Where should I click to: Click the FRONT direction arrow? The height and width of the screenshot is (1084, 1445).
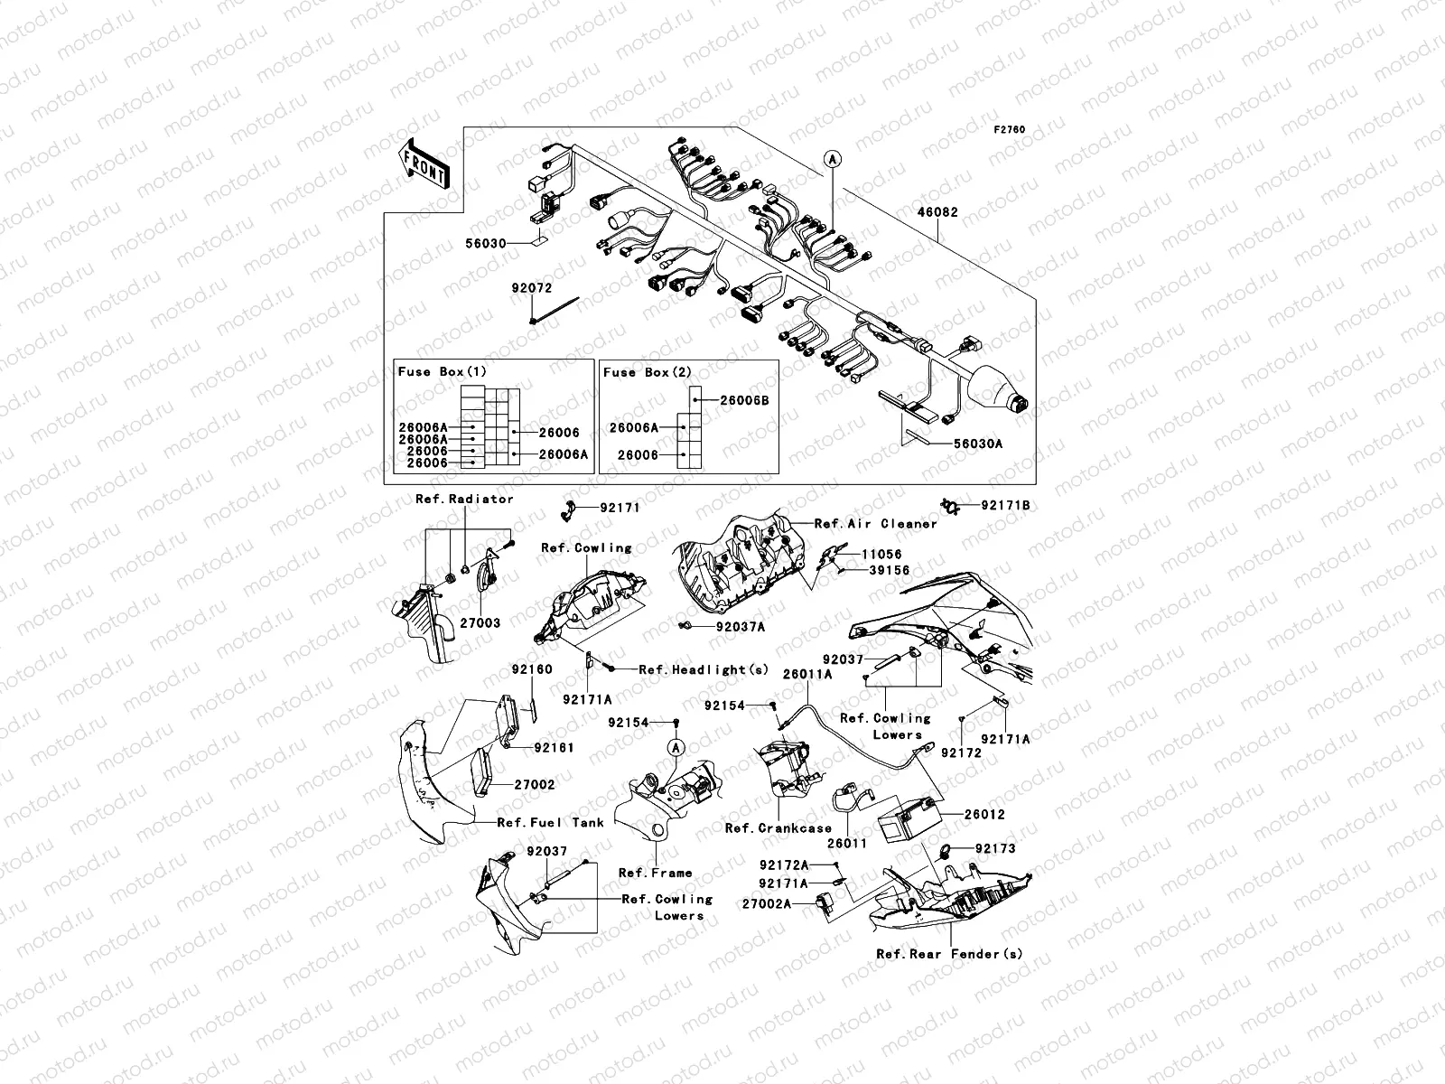click(424, 164)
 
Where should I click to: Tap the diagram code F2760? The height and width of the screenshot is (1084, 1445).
click(1011, 130)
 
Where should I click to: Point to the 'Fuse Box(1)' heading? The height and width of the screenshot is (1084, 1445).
click(442, 371)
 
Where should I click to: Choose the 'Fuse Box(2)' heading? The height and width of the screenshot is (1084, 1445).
click(647, 372)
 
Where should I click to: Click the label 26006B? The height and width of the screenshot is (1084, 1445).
click(744, 400)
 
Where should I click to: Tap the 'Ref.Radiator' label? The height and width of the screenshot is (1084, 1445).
click(464, 499)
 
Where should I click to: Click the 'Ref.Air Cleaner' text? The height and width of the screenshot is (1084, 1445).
click(875, 523)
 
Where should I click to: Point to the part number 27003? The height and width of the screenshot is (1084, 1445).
click(480, 622)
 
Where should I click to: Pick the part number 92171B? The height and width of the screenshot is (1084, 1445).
click(1005, 506)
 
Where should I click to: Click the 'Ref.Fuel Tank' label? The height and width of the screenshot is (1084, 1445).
click(550, 822)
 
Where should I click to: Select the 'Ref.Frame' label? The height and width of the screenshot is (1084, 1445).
click(655, 873)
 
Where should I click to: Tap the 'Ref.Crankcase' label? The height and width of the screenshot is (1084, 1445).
click(778, 827)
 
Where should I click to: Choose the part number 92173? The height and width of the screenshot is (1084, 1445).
click(995, 849)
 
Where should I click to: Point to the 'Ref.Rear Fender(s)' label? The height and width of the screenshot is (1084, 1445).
click(949, 954)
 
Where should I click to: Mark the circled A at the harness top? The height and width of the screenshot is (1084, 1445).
click(832, 158)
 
